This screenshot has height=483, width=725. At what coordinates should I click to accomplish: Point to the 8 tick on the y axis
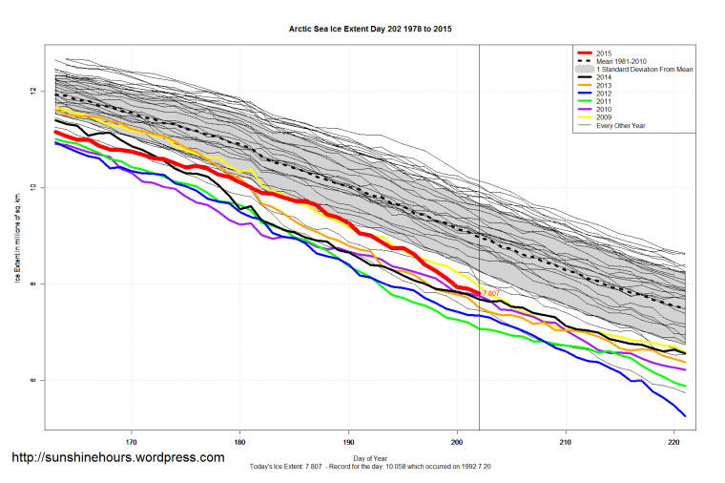pos(34,284)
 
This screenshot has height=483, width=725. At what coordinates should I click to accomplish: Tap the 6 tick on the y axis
pos(34,381)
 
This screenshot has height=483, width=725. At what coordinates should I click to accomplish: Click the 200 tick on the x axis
pos(457,442)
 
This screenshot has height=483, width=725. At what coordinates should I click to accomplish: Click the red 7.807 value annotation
pos(491,292)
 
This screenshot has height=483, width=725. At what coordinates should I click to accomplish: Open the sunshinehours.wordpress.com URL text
pos(117,457)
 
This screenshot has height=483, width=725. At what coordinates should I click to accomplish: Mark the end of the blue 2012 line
pos(685,415)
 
